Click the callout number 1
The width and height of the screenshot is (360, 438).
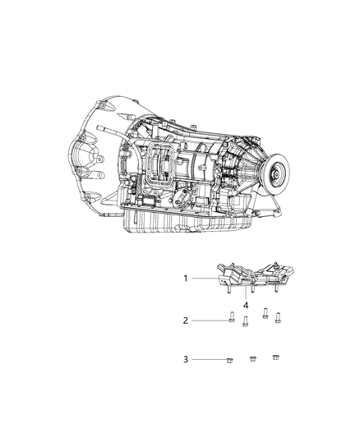pos(187,279)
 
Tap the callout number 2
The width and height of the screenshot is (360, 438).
pos(187,320)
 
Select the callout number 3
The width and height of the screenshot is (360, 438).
pos(187,359)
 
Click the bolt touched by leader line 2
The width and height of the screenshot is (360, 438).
pos(232,320)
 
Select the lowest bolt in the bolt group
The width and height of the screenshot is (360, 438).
pos(246,321)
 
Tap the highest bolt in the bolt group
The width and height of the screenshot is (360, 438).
pos(265,311)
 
